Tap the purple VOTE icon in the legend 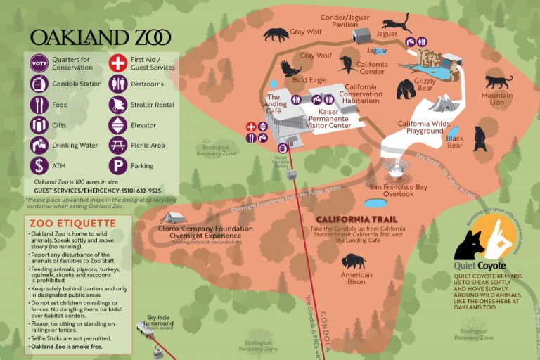(38, 63)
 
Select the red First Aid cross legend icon (117, 63)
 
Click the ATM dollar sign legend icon (38, 166)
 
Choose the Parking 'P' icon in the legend (117, 166)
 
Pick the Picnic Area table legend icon (117, 146)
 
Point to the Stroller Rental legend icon (117, 105)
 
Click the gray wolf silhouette (276, 34)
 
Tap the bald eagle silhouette (290, 68)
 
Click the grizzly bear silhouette (406, 89)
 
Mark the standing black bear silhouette (480, 139)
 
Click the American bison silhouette (354, 262)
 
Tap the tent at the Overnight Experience (172, 218)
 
